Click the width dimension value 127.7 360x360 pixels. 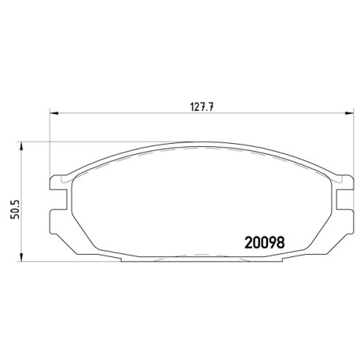202,107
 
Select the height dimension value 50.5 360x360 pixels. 15,209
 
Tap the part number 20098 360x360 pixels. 264,243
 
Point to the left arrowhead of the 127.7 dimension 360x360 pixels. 53,113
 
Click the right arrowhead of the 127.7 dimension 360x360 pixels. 350,113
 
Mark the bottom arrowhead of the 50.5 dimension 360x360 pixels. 22,258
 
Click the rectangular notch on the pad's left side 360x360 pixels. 58,200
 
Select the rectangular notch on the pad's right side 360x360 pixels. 345,200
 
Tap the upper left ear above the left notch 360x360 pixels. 57,182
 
